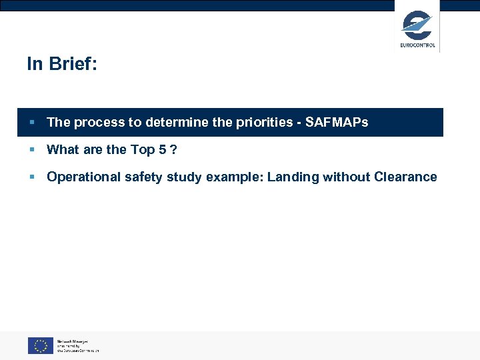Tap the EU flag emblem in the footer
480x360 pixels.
[x=40, y=345]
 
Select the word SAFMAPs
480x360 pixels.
[x=337, y=122]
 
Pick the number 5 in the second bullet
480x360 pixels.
[x=162, y=149]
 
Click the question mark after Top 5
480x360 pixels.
[x=173, y=149]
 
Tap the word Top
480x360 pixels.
[x=142, y=149]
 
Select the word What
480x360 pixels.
[x=63, y=149]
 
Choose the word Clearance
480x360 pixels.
[x=405, y=177]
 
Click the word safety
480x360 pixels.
[x=143, y=177]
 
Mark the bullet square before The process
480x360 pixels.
[x=31, y=123]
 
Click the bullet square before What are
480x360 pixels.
[x=31, y=150]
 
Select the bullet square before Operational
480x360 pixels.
[x=31, y=177]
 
